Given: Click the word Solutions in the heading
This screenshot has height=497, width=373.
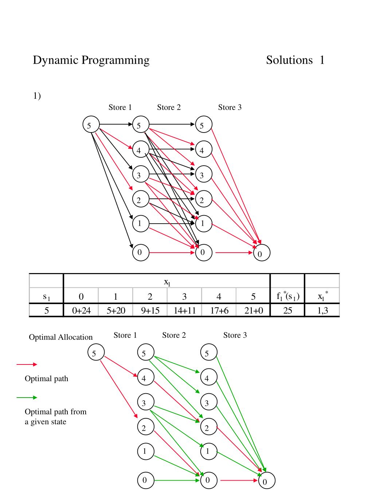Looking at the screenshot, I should click(289, 60).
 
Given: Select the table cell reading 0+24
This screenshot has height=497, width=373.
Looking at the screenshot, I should click(81, 311).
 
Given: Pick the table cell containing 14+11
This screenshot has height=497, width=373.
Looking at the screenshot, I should click(184, 311).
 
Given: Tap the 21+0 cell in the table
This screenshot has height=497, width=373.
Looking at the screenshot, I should click(254, 311).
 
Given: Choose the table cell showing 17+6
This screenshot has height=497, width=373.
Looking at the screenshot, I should click(219, 311).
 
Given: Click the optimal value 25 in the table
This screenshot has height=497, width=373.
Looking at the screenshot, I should click(288, 311).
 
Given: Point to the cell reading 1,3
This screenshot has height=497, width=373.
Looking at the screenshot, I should click(322, 311).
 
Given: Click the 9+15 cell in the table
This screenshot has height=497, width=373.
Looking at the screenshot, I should click(150, 311).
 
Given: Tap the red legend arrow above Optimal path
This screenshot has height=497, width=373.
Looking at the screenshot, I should click(27, 364).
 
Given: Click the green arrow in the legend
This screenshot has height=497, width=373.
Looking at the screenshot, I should click(27, 397).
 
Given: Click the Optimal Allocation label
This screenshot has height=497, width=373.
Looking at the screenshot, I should click(61, 337).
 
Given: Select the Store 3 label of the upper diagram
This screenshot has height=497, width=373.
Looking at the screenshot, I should click(230, 107).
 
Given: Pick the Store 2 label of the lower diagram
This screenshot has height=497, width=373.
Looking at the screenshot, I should click(174, 335).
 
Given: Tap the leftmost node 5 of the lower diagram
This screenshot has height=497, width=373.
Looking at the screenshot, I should click(96, 352).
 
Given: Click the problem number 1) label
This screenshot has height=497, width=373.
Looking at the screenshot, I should click(37, 96).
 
